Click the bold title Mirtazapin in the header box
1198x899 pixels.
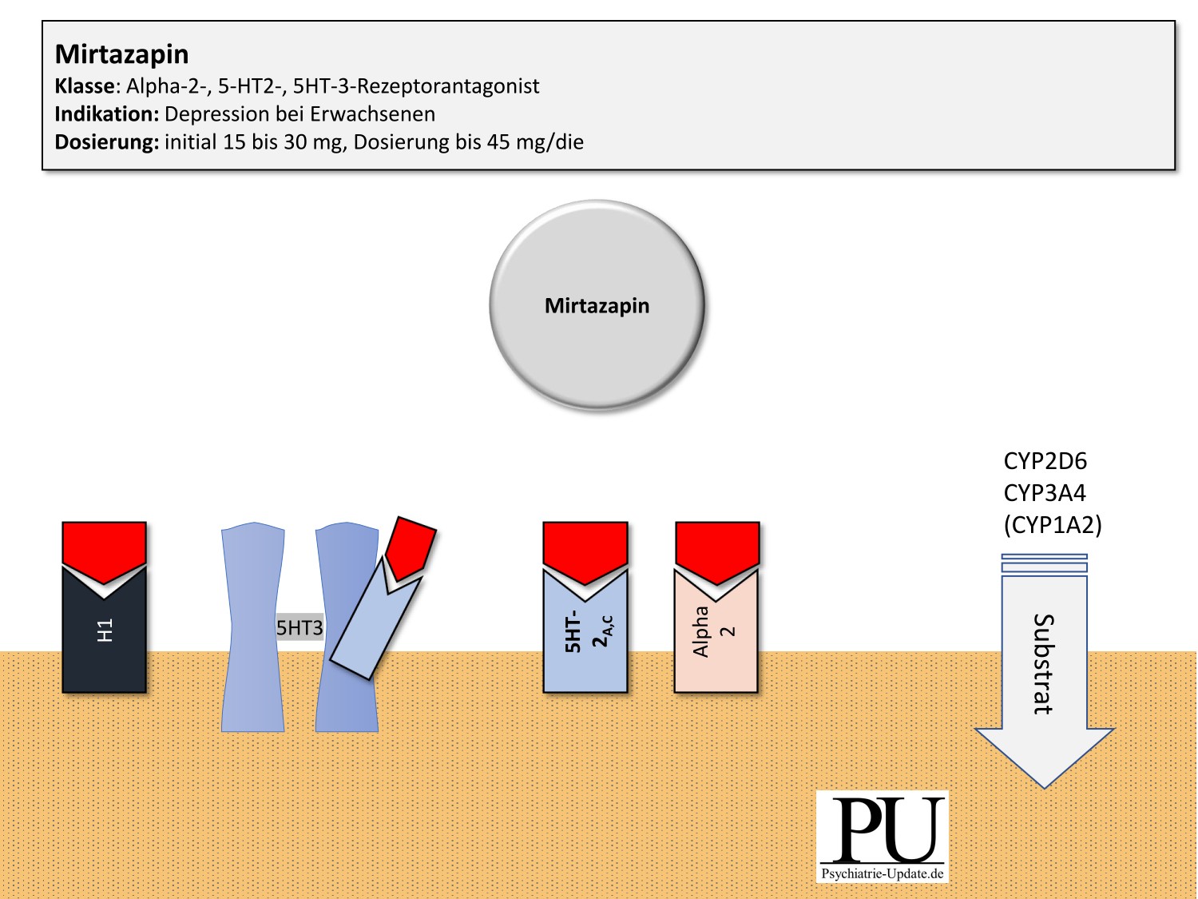[x=121, y=54]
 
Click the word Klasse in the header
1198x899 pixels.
[x=84, y=86]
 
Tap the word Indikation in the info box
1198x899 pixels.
[x=106, y=114]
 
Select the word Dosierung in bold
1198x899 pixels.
[x=106, y=142]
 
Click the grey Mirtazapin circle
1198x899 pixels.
[x=597, y=305]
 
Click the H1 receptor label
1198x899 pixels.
[x=105, y=630]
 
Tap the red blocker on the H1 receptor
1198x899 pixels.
[x=105, y=547]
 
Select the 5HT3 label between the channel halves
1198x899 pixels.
[x=299, y=628]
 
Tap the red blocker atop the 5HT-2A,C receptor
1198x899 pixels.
[x=585, y=549]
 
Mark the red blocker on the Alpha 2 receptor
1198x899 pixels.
[x=717, y=548]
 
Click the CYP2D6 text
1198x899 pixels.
[x=1045, y=461]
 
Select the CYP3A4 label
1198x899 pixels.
[x=1045, y=493]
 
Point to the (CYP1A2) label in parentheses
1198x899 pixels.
[x=1053, y=525]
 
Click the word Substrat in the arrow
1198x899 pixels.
[x=1043, y=663]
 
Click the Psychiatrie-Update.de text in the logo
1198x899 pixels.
[x=883, y=873]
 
